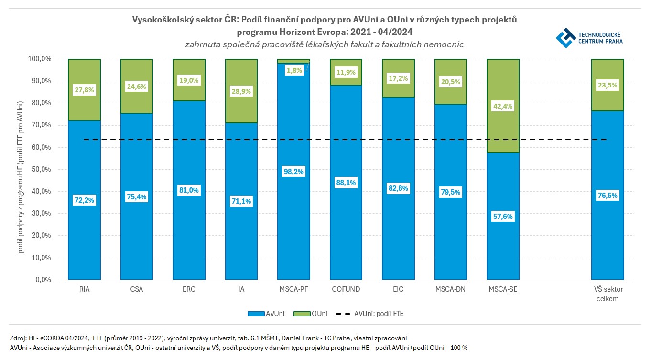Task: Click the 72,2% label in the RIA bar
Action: click(85, 200)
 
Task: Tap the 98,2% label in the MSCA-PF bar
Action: click(293, 172)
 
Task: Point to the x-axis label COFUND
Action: click(346, 289)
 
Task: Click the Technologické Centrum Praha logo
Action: click(588, 37)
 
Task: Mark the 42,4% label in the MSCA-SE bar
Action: click(503, 106)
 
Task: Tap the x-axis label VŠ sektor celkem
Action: click(608, 294)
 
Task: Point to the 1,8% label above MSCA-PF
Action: click(293, 71)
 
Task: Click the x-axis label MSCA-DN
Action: click(450, 289)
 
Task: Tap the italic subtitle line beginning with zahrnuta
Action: click(325, 44)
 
